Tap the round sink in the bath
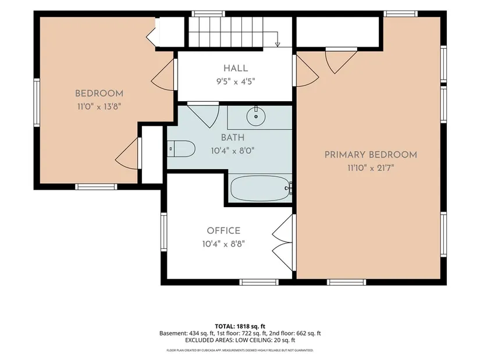(256, 116)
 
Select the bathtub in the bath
(261, 188)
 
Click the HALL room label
(236, 68)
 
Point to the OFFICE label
(223, 230)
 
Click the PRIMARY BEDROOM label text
(371, 155)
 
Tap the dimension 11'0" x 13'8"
(99, 106)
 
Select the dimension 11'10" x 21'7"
(371, 167)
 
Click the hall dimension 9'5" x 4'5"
(236, 81)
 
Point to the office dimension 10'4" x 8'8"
(223, 244)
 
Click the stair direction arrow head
(278, 45)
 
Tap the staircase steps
(226, 32)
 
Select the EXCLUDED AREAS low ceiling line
(240, 340)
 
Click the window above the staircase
(208, 13)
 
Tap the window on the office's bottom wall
(259, 282)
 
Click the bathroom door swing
(204, 115)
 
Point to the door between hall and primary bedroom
(306, 70)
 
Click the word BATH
(233, 137)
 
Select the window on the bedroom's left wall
(37, 102)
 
